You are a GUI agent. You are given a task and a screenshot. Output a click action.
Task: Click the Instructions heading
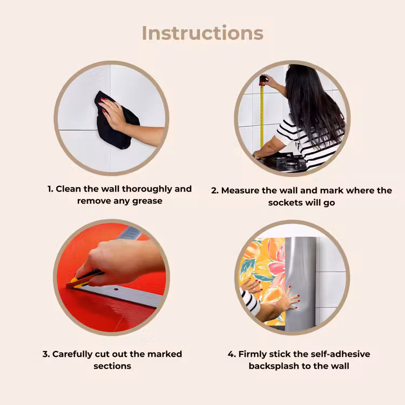tap(202, 33)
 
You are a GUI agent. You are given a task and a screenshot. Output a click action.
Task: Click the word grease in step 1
tap(147, 201)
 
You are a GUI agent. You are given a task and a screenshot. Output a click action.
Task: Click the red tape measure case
tap(262, 80)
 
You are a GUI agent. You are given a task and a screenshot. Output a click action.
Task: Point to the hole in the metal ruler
tap(116, 289)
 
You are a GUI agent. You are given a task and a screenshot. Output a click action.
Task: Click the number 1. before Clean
tap(50, 189)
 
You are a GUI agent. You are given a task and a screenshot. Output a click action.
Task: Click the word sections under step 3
tap(112, 366)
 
